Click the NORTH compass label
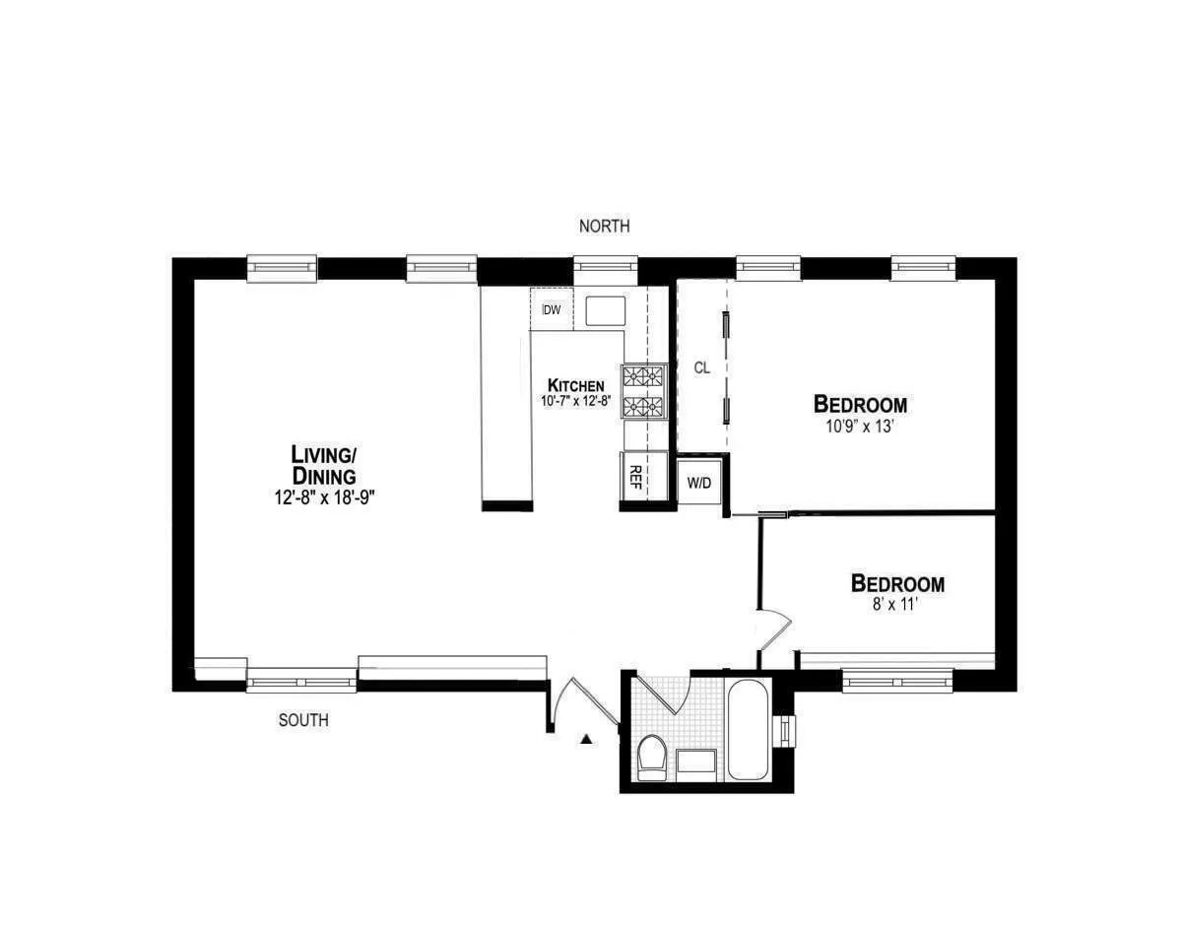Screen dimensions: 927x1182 click(604, 227)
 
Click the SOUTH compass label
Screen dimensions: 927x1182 click(303, 721)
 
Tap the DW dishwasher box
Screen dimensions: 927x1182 click(552, 310)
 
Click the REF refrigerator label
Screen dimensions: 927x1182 click(635, 477)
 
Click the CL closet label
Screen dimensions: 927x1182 click(701, 368)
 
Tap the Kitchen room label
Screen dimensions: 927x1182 click(576, 385)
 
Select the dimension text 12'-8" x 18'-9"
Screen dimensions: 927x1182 click(325, 498)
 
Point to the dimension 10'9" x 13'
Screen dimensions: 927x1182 click(860, 428)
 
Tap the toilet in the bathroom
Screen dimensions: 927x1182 click(651, 758)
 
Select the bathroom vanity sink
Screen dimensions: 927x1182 click(697, 761)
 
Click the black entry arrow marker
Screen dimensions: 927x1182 click(587, 739)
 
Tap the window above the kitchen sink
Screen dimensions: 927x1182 click(606, 267)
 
